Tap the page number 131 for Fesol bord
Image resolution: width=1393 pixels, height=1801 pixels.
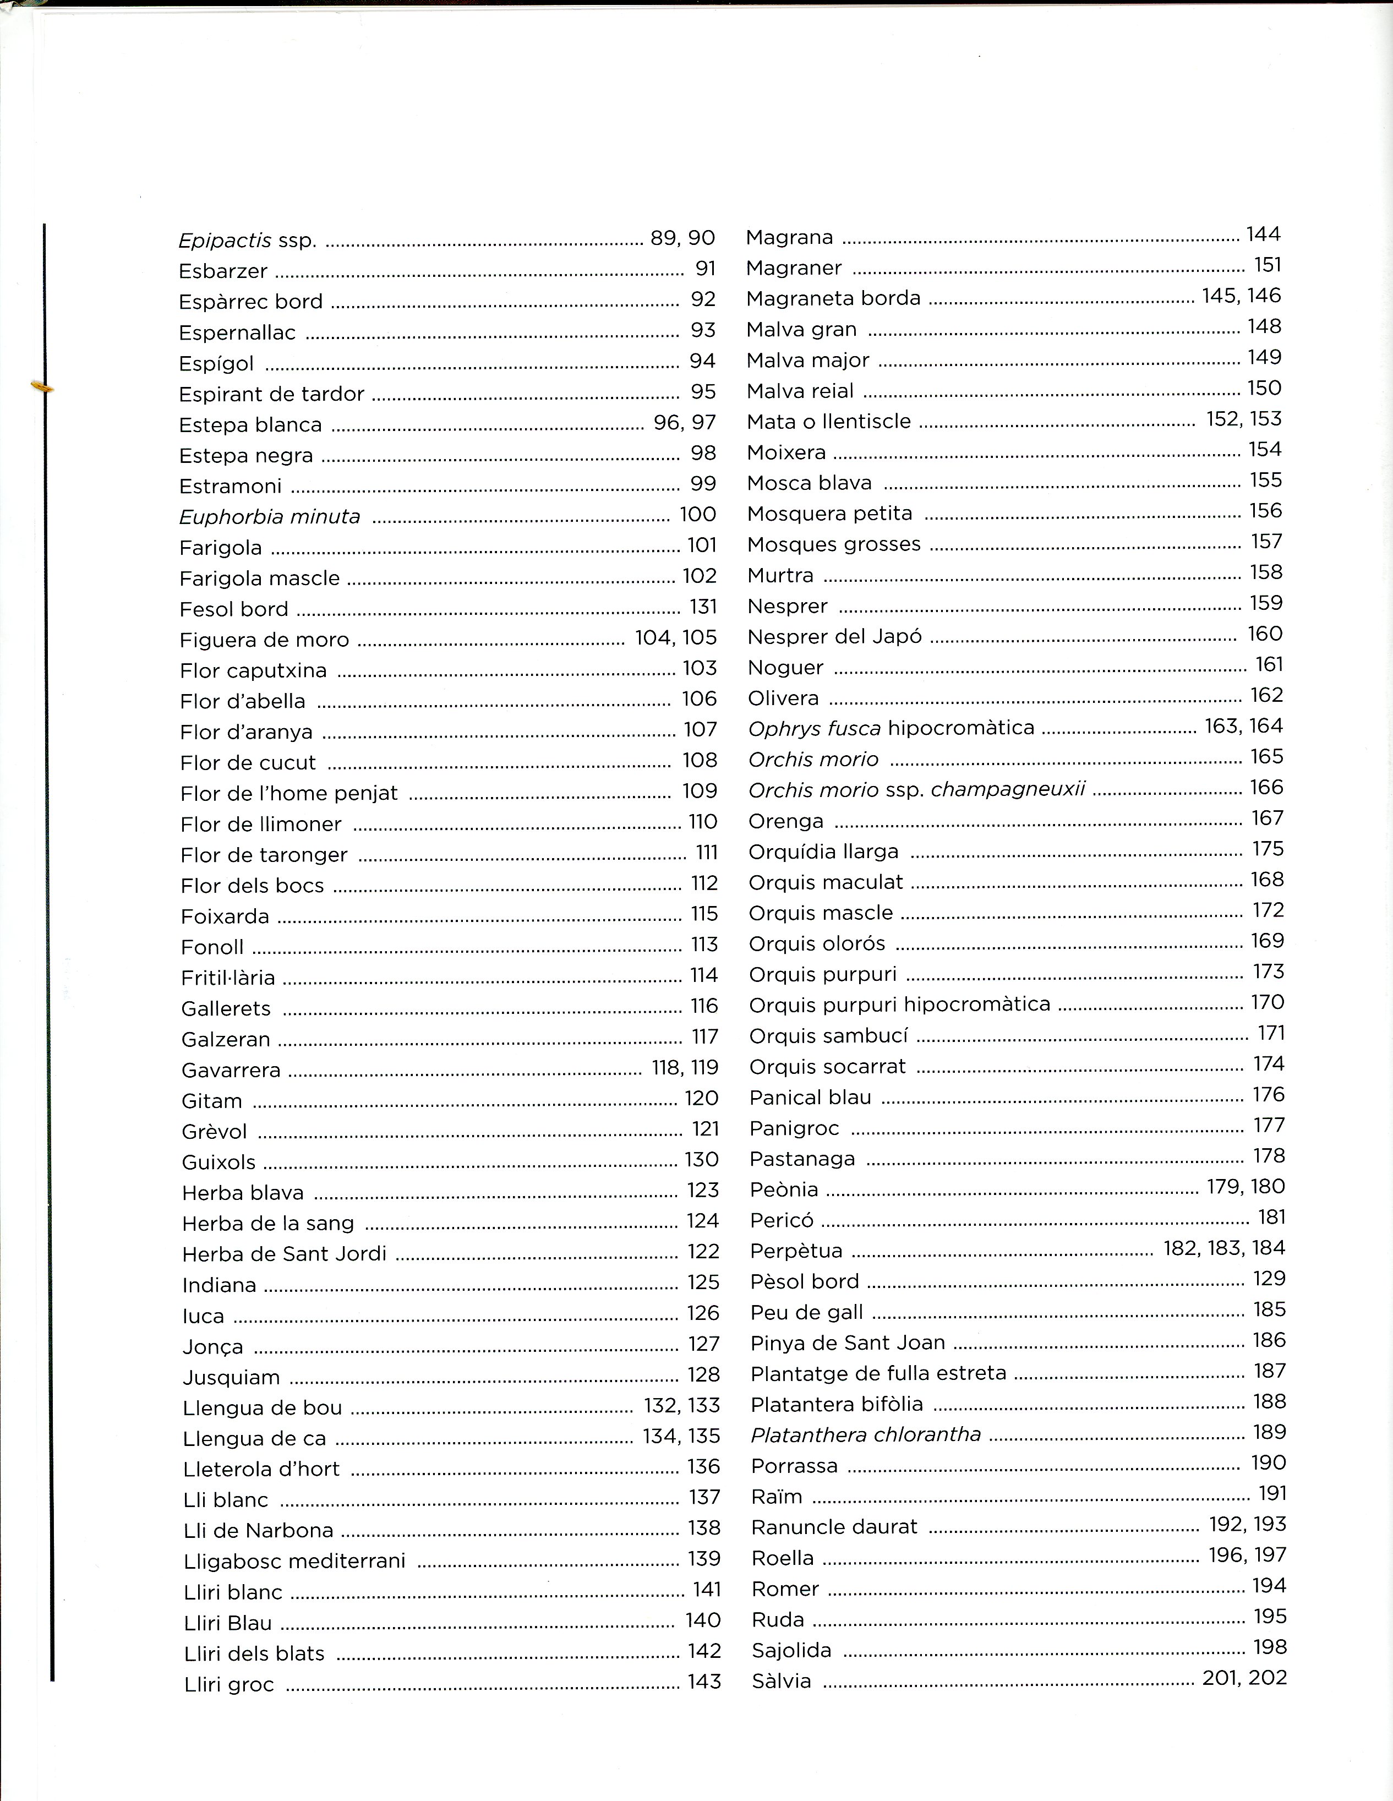[x=703, y=607]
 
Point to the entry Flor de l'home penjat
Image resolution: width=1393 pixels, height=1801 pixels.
[x=288, y=793]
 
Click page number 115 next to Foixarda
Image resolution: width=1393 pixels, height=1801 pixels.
[x=704, y=914]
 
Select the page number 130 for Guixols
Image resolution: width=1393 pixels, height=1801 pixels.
[x=702, y=1159]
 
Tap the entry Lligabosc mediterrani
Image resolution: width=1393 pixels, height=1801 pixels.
[x=294, y=1561]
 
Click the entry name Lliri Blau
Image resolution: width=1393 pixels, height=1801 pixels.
[x=228, y=1623]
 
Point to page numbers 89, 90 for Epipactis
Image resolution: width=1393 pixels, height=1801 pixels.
[x=682, y=238]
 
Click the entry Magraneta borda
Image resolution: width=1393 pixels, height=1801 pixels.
[x=833, y=298]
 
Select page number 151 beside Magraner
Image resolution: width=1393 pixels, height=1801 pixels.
[x=1267, y=265]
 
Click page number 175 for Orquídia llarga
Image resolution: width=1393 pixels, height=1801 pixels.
[x=1268, y=849]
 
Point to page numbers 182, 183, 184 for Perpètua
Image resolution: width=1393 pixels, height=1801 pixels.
[x=1224, y=1248]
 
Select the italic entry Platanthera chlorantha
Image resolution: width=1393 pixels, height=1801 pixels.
[x=866, y=1435]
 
